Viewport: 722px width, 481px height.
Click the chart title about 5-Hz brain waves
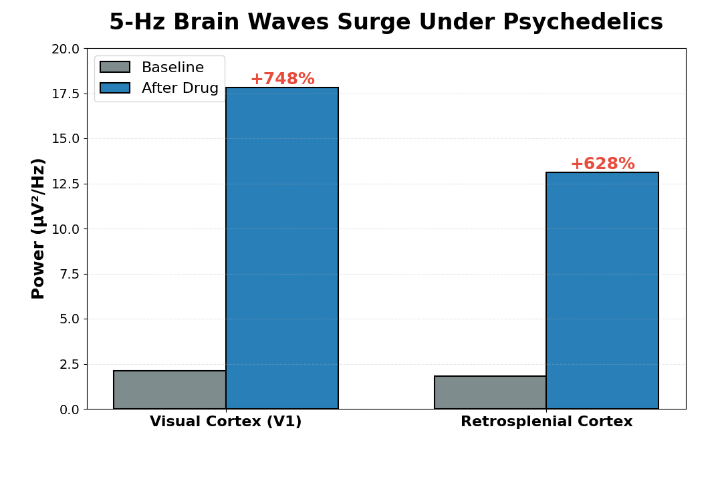click(x=386, y=23)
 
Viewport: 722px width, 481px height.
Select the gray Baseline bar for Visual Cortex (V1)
click(x=170, y=389)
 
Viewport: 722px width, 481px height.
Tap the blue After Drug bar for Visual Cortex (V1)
click(x=282, y=248)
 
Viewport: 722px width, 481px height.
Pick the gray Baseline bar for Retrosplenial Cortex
click(x=490, y=392)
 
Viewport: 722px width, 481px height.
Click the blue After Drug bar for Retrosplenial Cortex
click(x=602, y=291)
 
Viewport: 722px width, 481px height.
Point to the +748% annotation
click(x=282, y=79)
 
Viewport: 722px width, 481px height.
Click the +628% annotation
click(x=602, y=164)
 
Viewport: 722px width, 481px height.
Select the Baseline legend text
click(x=172, y=67)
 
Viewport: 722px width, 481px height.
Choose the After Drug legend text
click(x=180, y=88)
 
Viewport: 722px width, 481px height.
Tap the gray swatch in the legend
click(x=115, y=67)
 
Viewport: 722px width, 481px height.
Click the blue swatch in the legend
click(x=115, y=88)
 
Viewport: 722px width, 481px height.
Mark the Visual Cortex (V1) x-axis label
click(x=226, y=422)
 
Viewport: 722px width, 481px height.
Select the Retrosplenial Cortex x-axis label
click(x=546, y=422)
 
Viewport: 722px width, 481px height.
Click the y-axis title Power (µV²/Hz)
click(x=39, y=228)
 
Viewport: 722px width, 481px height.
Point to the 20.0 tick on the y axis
click(x=65, y=49)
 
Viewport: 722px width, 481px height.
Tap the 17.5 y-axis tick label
click(x=65, y=94)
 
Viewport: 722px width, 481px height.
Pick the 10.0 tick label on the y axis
click(x=65, y=229)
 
